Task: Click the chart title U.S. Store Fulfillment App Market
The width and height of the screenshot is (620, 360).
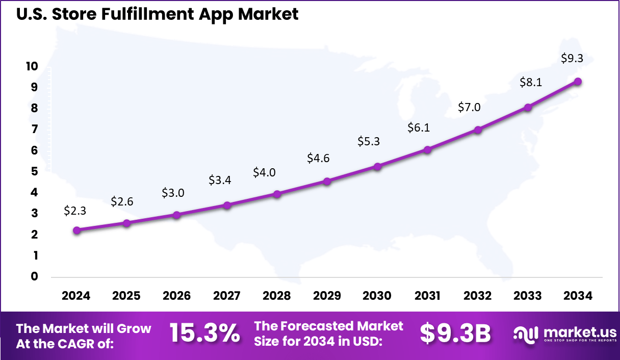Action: tap(157, 14)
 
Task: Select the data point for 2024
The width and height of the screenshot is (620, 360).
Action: tap(76, 230)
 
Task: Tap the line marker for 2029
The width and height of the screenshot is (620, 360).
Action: tap(327, 181)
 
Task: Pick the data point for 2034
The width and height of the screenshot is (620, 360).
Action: tap(578, 82)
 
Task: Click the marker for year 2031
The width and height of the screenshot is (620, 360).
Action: tap(427, 149)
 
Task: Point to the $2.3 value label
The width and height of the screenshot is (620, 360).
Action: tap(75, 210)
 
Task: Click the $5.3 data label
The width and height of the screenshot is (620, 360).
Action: tap(369, 141)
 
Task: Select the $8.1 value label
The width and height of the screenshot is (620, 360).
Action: tap(530, 82)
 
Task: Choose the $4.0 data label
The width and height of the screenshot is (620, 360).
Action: tap(264, 172)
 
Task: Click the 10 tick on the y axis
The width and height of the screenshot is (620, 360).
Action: tap(32, 66)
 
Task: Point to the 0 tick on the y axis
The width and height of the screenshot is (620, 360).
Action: tap(35, 276)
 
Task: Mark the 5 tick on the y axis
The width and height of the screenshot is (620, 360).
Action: tap(35, 171)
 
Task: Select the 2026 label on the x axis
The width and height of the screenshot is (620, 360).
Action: tap(176, 296)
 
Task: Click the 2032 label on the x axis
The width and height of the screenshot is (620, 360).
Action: tap(478, 296)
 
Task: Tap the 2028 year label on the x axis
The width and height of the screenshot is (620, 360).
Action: tap(277, 296)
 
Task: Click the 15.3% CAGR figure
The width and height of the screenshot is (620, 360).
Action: tap(204, 333)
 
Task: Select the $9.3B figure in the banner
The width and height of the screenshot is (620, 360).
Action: tap(455, 333)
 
